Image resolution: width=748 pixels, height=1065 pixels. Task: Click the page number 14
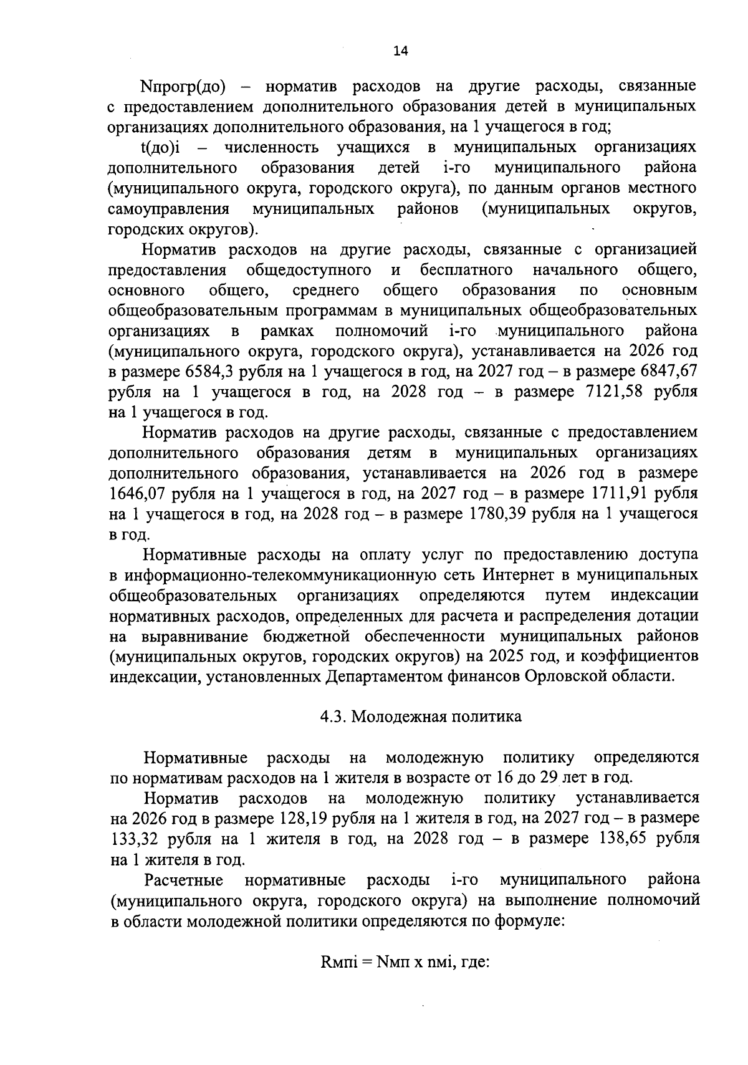click(x=400, y=52)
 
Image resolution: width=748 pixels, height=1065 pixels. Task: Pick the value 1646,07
click(x=139, y=494)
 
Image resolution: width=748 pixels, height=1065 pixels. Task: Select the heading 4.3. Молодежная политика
click(x=421, y=716)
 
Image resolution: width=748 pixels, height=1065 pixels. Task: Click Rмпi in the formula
click(x=338, y=980)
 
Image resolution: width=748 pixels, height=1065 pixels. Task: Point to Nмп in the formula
click(x=391, y=980)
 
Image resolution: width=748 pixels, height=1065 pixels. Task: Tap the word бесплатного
click(x=466, y=270)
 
